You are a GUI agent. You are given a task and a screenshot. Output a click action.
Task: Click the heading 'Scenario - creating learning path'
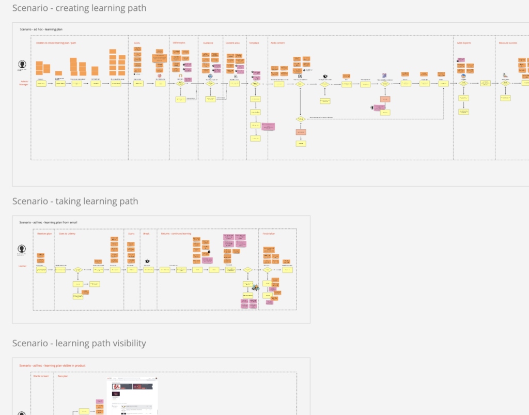click(79, 8)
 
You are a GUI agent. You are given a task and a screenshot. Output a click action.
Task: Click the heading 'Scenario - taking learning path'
click(75, 201)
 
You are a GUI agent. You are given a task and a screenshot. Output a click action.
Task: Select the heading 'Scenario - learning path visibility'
click(79, 343)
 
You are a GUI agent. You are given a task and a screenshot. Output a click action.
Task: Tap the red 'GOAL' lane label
click(137, 43)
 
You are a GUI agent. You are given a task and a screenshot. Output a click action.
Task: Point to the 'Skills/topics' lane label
click(179, 43)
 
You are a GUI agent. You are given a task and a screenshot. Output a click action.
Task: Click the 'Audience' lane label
click(208, 43)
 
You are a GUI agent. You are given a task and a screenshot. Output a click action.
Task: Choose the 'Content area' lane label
click(233, 43)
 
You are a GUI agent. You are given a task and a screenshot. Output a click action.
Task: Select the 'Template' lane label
click(254, 43)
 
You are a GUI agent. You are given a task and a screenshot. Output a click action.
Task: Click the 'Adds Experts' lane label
click(463, 43)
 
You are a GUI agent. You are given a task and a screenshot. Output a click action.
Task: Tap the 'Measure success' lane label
click(508, 43)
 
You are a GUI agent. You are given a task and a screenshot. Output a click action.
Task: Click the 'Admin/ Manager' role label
click(24, 82)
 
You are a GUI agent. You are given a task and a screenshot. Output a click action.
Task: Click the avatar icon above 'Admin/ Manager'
click(22, 65)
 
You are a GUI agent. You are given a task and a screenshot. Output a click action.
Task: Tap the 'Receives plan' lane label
click(44, 234)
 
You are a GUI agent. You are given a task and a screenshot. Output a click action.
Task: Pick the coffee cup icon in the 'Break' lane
click(147, 261)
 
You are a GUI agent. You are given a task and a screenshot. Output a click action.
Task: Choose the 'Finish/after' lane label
click(269, 234)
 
